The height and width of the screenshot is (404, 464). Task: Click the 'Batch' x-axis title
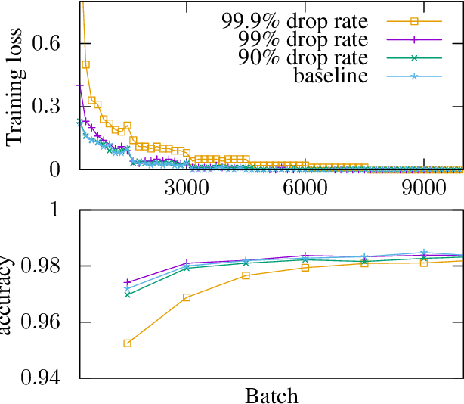click(271, 396)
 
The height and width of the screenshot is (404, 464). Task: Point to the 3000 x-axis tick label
click(186, 188)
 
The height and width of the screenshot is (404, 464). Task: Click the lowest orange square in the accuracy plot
click(127, 343)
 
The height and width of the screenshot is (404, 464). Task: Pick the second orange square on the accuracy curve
click(187, 297)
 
